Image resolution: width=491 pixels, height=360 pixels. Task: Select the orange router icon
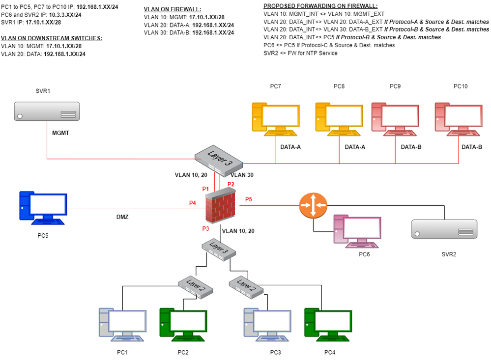313,204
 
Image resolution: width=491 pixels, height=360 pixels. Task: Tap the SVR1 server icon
47,111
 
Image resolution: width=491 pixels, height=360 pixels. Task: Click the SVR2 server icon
444,229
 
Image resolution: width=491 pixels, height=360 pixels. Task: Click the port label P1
205,189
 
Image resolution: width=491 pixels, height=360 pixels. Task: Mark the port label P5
249,199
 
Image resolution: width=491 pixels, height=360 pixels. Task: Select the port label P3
205,229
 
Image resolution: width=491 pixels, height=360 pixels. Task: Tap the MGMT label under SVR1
61,133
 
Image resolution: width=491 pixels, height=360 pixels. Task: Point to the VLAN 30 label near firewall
241,174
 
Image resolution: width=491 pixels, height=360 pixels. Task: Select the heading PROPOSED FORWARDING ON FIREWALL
320,5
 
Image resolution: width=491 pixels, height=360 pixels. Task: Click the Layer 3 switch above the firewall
219,160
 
